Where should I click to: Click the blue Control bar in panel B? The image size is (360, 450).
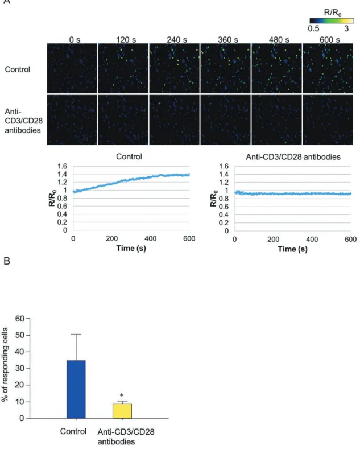coord(76,389)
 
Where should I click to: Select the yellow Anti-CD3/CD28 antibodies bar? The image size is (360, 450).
coord(122,411)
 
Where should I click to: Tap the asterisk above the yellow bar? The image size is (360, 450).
coord(122,395)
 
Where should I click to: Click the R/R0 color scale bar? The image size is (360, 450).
coord(332,20)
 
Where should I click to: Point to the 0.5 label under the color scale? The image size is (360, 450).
coord(313,28)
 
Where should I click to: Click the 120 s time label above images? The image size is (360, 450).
coord(126,40)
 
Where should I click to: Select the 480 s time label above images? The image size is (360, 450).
coord(279,40)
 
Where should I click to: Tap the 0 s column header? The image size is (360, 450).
coord(75,40)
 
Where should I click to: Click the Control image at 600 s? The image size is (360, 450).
coord(328,68)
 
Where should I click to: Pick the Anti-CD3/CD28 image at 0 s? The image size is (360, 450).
coord(72,120)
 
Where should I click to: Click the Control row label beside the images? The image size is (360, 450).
coord(18,69)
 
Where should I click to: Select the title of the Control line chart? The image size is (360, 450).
coord(129,156)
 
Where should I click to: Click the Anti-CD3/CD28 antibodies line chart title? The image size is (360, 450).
coord(293,157)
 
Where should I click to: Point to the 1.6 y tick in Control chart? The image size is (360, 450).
coord(62,166)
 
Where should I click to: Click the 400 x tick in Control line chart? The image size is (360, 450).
coord(150,238)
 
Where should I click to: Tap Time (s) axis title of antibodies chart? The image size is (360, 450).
coord(292,249)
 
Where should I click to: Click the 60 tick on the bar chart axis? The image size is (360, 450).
coord(20,319)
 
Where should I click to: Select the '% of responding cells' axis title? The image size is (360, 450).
coord(5,365)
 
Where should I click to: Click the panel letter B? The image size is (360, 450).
coord(7,261)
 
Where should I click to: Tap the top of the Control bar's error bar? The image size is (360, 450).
coord(76,335)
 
